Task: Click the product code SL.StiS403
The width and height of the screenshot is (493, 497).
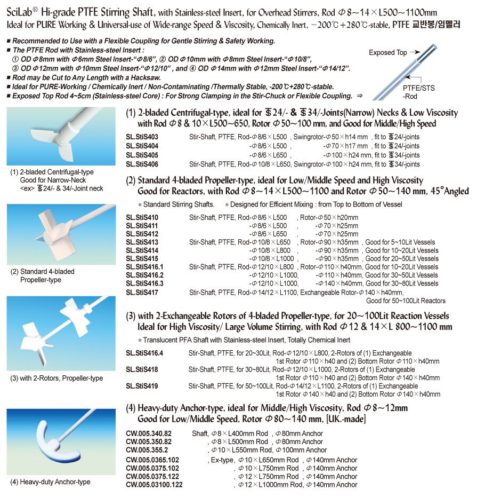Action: [x=142, y=137]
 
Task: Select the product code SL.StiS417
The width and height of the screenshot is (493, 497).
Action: [x=142, y=292]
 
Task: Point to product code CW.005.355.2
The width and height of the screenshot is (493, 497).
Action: [x=149, y=450]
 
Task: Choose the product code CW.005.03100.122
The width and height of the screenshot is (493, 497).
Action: [x=154, y=485]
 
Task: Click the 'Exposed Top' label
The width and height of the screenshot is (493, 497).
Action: [x=387, y=52]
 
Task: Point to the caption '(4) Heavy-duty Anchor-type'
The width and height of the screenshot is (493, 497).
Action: [x=51, y=482]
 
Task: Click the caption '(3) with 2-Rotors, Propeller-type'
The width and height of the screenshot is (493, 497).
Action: [x=57, y=378]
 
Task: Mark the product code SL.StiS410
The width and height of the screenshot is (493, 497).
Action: [x=142, y=217]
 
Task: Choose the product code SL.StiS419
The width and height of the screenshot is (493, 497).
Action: [x=142, y=386]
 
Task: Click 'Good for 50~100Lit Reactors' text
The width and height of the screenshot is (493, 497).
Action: [x=406, y=301]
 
